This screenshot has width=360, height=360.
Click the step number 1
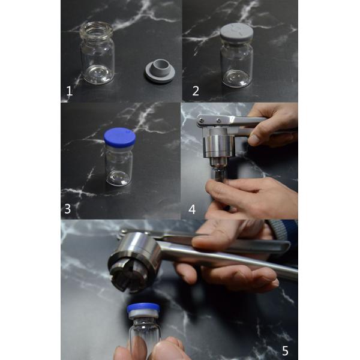tap(70, 91)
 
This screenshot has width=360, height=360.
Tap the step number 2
tap(196, 91)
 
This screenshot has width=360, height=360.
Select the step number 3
tap(67, 209)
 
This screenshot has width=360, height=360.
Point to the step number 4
tap(192, 209)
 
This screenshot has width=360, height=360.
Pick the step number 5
tap(285, 350)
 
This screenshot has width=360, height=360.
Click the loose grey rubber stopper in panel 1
tap(159, 71)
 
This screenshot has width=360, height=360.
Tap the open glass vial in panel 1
tap(97, 53)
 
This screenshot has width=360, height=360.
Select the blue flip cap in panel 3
tap(119, 137)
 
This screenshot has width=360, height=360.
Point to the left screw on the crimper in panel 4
tap(201, 119)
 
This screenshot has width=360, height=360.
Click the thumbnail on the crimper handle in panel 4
tap(253, 139)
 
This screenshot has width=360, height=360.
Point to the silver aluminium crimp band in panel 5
tap(144, 314)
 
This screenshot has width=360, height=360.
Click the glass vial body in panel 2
tap(236, 64)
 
